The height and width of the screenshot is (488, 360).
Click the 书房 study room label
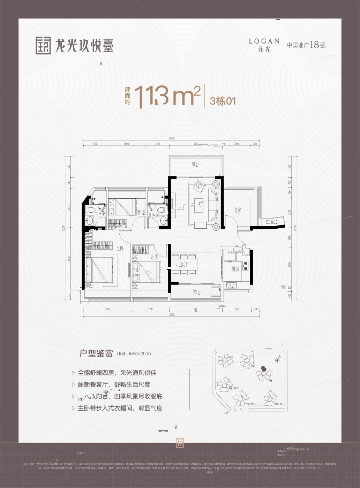pyautogui.click(x=237, y=210)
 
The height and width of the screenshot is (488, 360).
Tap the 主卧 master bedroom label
pyautogui.click(x=120, y=249)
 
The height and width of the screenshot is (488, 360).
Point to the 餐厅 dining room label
pyautogui.click(x=184, y=265)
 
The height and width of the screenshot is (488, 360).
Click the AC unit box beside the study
pyautogui.click(x=272, y=222)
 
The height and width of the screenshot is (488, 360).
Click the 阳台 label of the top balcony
pyautogui.click(x=195, y=165)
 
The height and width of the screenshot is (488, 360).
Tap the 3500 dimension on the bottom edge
pyautogui.click(x=107, y=309)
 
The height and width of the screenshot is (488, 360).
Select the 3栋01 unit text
pyautogui.click(x=223, y=101)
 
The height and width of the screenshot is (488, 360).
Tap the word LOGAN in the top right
pyautogui.click(x=264, y=41)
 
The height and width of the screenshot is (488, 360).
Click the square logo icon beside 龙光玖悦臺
pyautogui.click(x=43, y=45)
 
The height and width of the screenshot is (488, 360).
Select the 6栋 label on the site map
pyautogui.click(x=231, y=358)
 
